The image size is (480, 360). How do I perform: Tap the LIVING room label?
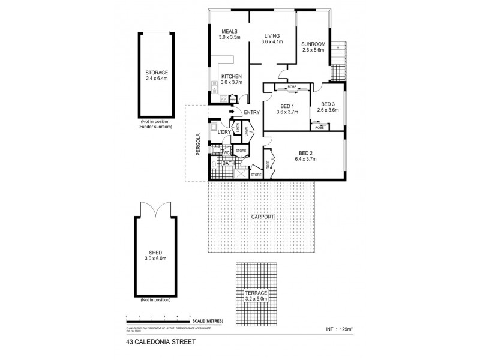[272, 35]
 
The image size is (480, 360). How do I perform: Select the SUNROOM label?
[314, 44]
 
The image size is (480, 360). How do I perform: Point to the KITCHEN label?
[231, 76]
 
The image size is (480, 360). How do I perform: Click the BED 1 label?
[287, 106]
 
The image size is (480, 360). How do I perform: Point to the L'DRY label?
[225, 132]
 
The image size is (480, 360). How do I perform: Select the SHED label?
[155, 253]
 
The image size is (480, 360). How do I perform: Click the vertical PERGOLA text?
[198, 145]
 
